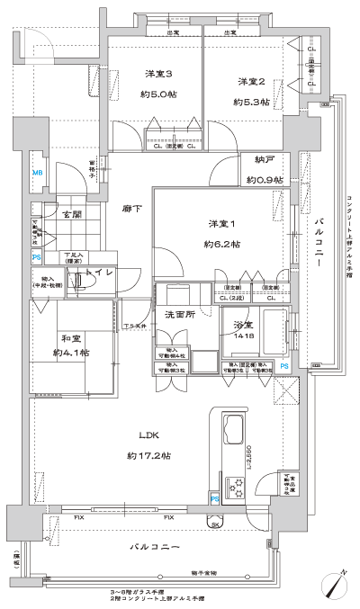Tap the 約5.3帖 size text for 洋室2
pos(251,102)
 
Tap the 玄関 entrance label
pos(71,214)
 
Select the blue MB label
pos(38,173)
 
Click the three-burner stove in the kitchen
pos(238,487)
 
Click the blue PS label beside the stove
pos(214,497)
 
